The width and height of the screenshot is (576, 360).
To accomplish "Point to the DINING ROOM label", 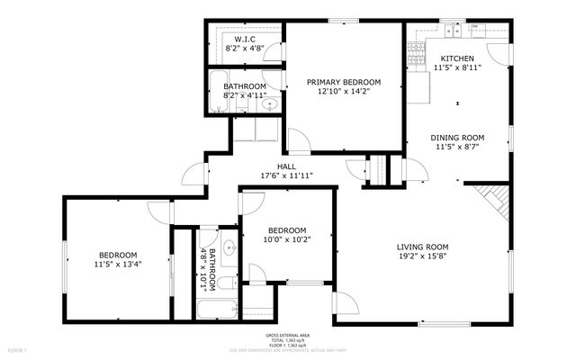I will [457, 139].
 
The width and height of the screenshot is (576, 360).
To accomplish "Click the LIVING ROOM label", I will [423, 247].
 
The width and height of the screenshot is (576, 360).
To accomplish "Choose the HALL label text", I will [286, 166].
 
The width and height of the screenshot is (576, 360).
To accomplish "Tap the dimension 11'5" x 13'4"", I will [118, 264].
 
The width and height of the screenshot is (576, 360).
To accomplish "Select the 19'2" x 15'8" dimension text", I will [423, 256].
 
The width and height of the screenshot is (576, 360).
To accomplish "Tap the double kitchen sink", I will [453, 31].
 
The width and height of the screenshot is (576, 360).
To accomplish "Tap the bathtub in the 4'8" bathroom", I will [216, 310].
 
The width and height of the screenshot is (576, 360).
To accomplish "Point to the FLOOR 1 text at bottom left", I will [17, 349].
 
